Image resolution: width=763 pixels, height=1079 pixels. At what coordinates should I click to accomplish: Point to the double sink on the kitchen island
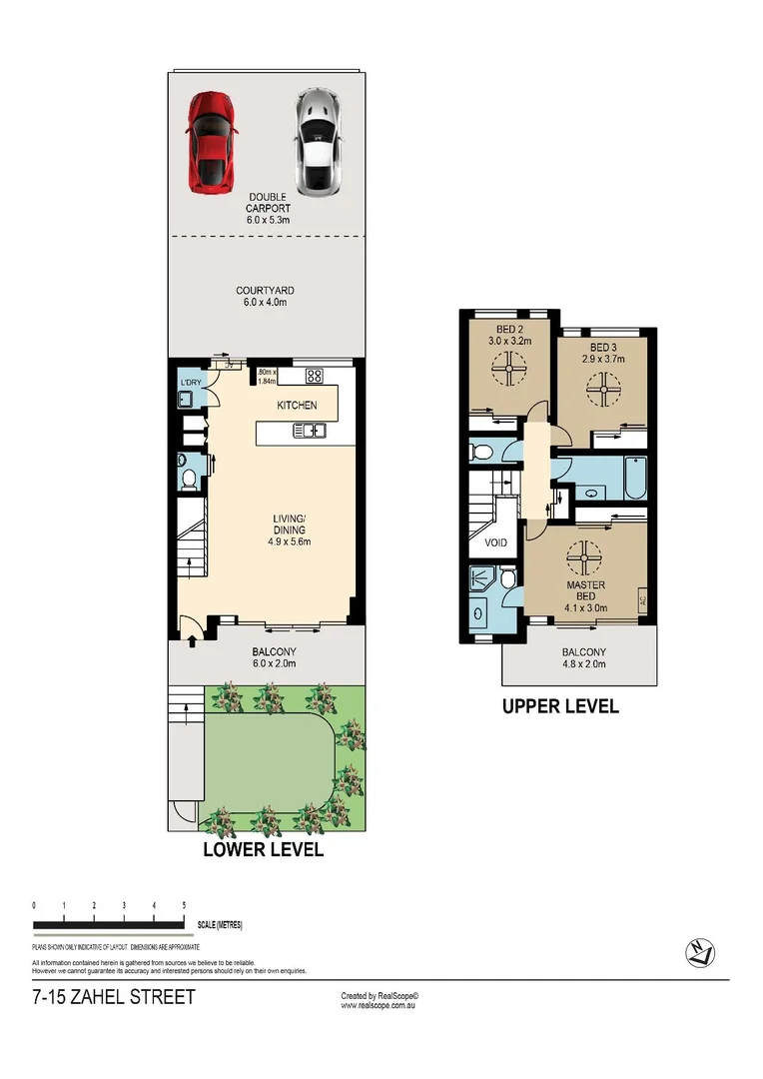pos(309,432)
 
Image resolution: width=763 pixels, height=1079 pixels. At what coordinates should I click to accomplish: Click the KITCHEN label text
pos(297,405)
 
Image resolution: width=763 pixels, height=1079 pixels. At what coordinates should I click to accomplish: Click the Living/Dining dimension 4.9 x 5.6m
pos(290,542)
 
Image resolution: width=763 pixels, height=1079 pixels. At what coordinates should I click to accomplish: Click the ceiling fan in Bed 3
pos(603,388)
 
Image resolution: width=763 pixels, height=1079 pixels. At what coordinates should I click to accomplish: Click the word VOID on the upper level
pos(495,542)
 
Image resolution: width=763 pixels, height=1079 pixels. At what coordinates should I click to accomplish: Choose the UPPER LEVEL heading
pos(560,706)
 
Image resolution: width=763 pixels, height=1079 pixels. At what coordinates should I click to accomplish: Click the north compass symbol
pos(699,953)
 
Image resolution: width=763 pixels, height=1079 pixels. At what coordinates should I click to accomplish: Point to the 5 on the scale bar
pos(184,905)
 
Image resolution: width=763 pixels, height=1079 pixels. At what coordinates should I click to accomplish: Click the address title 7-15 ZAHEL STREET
pos(114,997)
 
